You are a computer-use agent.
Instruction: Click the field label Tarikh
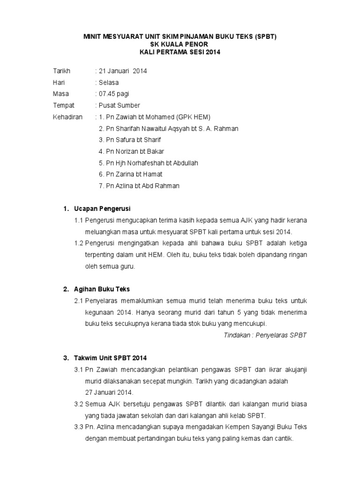point(61,71)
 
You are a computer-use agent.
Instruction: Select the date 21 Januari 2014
point(122,71)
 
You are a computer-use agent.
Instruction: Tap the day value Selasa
point(108,82)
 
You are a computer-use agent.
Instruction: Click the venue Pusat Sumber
point(118,105)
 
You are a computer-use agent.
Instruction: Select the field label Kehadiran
point(67,117)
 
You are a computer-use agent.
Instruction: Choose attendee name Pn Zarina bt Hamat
point(130,174)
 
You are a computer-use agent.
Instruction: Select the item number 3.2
point(79,404)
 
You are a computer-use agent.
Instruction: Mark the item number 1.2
point(79,243)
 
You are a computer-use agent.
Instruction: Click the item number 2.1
point(79,300)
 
